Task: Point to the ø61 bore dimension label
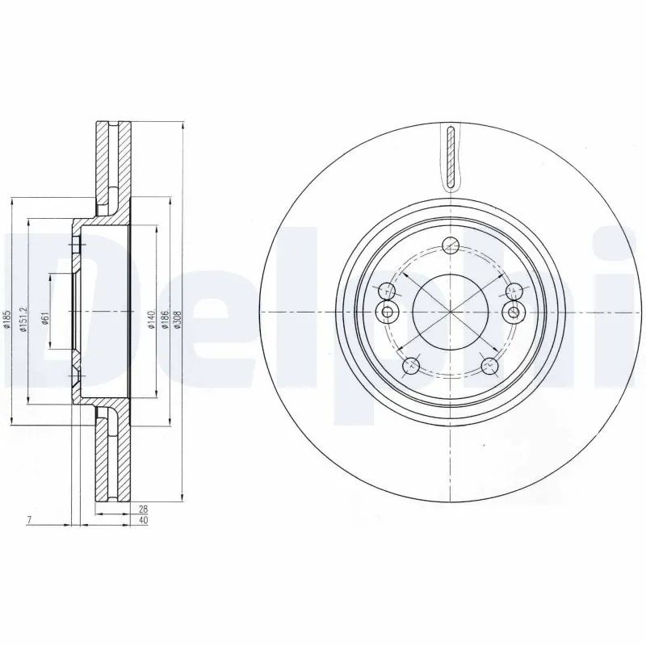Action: [x=47, y=317]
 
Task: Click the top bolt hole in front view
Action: [x=451, y=245]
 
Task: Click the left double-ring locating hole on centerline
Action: [x=388, y=313]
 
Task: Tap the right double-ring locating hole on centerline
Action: [x=512, y=313]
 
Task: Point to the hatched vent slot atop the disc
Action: [x=451, y=157]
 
